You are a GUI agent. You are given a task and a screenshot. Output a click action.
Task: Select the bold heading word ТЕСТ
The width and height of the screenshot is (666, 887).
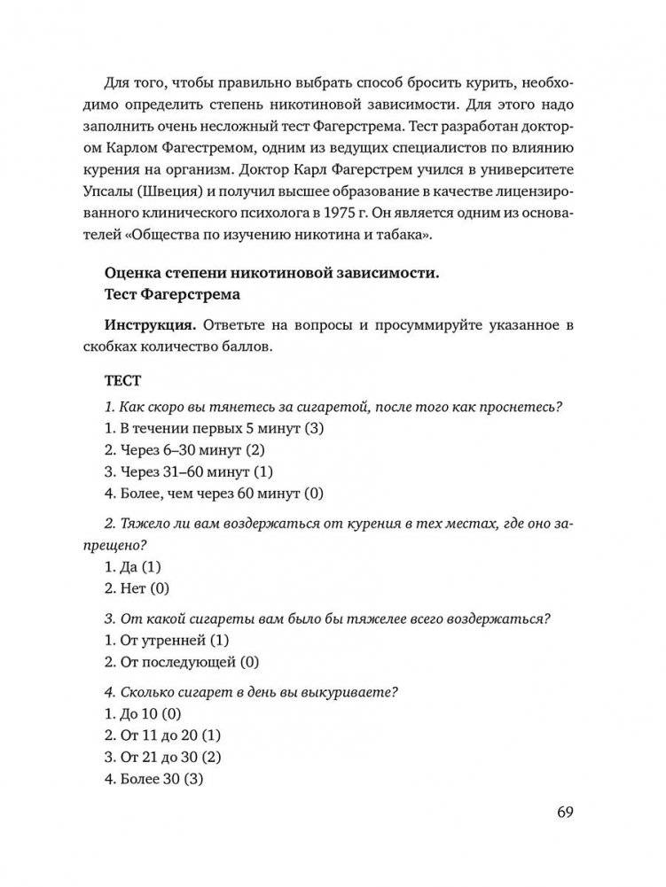pos(122,381)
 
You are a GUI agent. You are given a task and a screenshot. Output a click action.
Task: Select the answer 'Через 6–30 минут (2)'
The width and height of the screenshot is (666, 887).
pos(184,450)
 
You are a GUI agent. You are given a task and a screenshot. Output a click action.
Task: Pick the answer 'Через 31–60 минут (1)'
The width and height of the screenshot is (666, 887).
pos(189,471)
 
